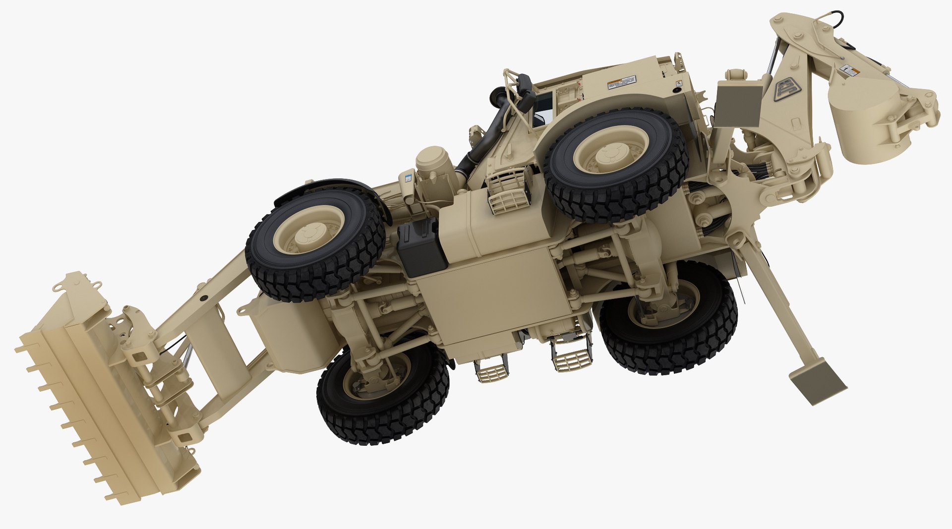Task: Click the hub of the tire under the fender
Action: pyautogui.click(x=309, y=229)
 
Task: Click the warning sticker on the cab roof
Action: pyautogui.click(x=621, y=83)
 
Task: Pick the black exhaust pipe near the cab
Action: pyautogui.click(x=483, y=144)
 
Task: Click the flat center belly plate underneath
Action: pyautogui.click(x=491, y=297)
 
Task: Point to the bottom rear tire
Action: pyautogui.click(x=667, y=317)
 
